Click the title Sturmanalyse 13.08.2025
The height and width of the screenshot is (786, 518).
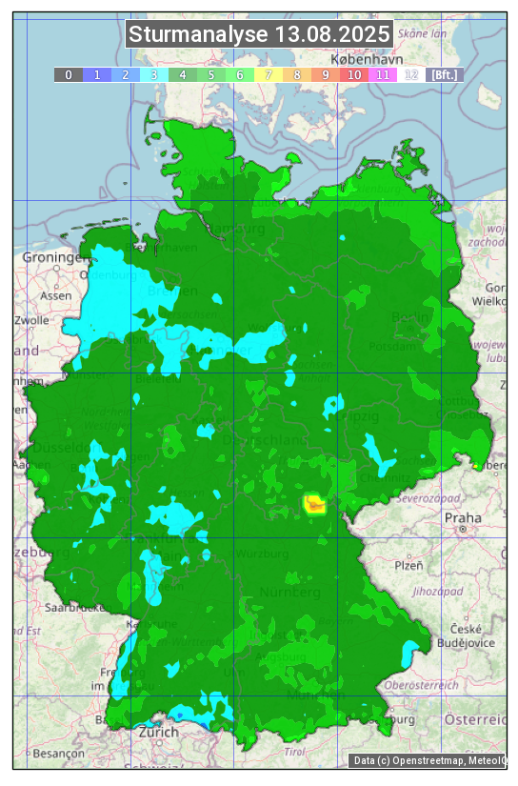pos(259,35)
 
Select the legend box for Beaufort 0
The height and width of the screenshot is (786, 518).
pos(68,74)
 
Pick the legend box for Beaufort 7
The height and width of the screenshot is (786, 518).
pos(268,74)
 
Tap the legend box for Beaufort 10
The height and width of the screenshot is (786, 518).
pos(353,74)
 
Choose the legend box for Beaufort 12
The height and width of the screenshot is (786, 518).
pos(410,74)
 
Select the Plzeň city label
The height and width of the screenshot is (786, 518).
pos(408,565)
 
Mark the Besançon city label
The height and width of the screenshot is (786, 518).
pos(58,753)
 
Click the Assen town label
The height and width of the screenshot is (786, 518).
pos(56,295)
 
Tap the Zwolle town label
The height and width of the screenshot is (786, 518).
pos(30,320)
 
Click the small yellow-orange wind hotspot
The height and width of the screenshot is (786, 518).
pos(313,504)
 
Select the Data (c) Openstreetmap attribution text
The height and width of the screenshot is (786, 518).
pos(428,760)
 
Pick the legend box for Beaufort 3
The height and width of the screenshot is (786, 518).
pos(153,74)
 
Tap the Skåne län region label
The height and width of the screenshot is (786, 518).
pos(422,32)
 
